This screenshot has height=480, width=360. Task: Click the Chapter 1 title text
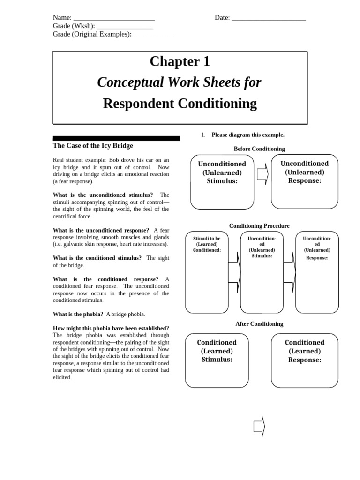180,61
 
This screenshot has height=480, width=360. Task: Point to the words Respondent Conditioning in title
180,103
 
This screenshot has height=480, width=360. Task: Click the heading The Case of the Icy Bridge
93,146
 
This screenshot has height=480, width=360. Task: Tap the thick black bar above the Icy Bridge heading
116,139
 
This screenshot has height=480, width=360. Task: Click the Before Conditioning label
259,149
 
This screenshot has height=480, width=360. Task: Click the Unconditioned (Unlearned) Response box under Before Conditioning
304,181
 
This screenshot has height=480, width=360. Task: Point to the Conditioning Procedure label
259,226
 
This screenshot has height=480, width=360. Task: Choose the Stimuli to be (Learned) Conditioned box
207,272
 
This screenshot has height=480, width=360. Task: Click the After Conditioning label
259,324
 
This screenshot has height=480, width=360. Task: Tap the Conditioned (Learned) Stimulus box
216,360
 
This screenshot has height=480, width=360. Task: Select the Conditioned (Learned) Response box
304,360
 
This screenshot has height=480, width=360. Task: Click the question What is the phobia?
78,314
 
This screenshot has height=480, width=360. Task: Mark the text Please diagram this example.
248,135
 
